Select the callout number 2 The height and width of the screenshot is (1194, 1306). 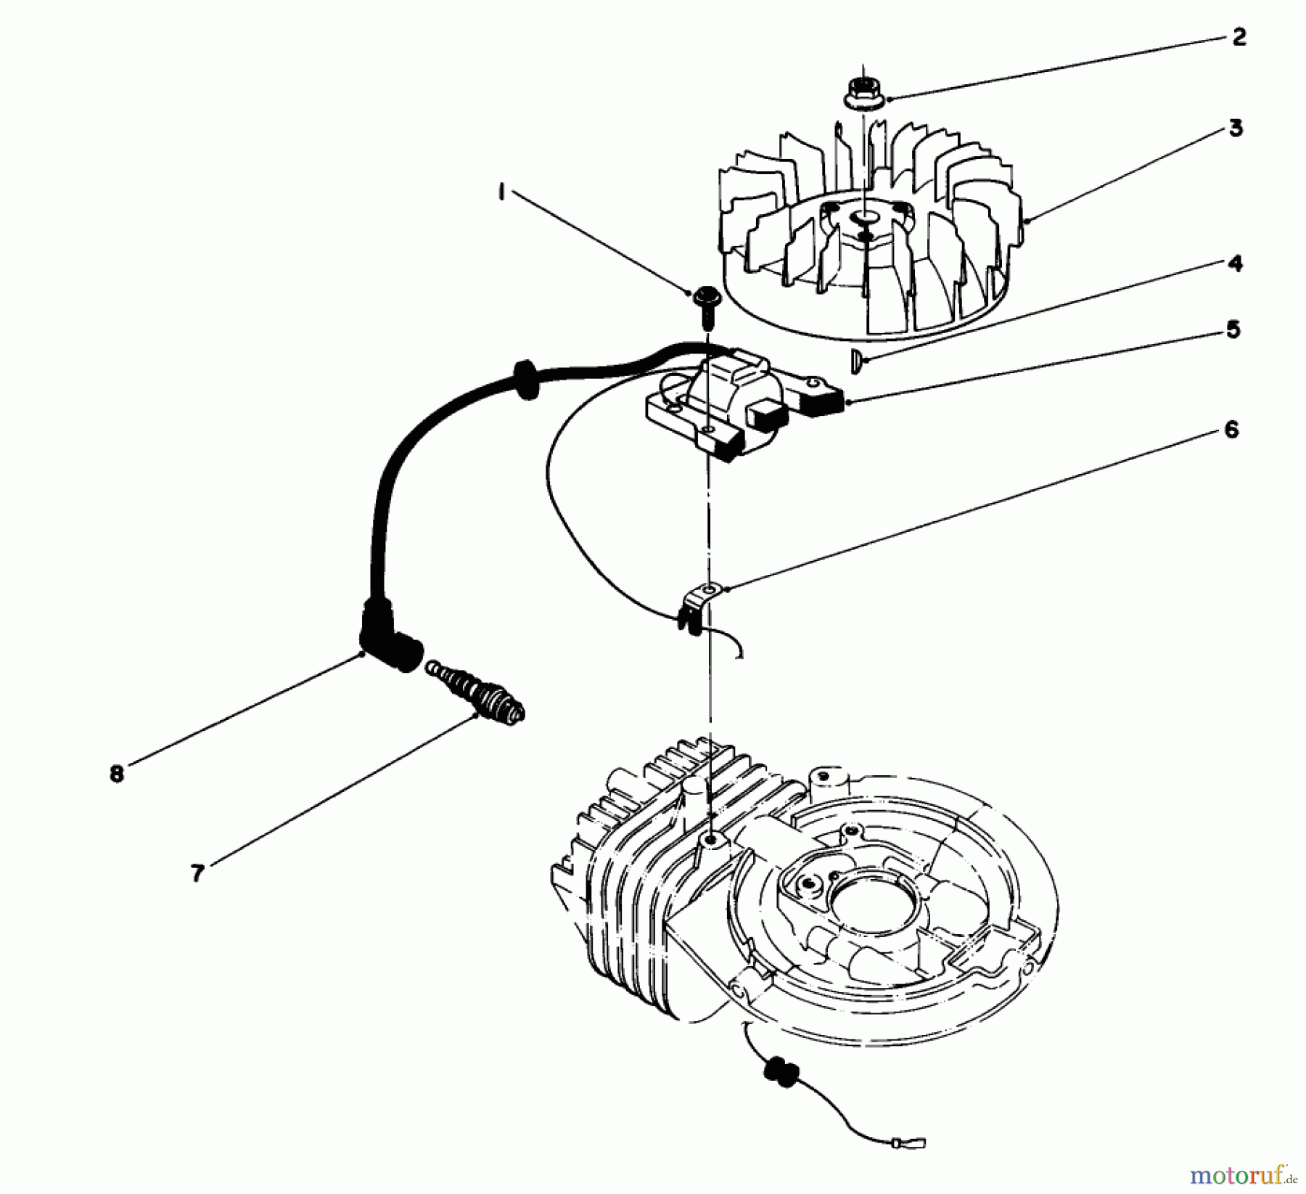pos(1239,37)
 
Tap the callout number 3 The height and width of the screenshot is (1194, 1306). pos(1236,128)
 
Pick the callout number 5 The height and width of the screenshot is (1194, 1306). pos(1233,330)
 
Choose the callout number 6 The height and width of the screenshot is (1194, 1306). pos(1231,430)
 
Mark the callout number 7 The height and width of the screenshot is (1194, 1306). pos(197,874)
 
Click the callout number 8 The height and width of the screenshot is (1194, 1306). pos(117,774)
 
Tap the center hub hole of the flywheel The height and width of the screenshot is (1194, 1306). pos(864,216)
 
